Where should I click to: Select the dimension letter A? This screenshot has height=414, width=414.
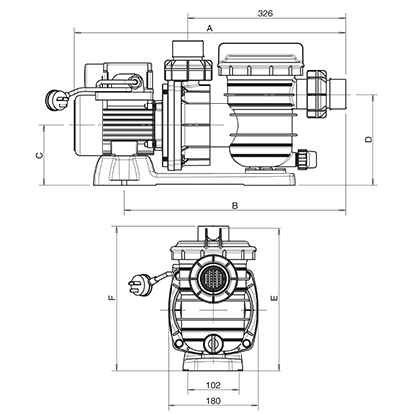click(210, 30)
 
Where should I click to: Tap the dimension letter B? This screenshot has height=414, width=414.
click(235, 205)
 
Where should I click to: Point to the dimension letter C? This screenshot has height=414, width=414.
click(40, 155)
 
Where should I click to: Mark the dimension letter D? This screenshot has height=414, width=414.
click(367, 140)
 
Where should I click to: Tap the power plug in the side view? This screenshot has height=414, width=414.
click(54, 97)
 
